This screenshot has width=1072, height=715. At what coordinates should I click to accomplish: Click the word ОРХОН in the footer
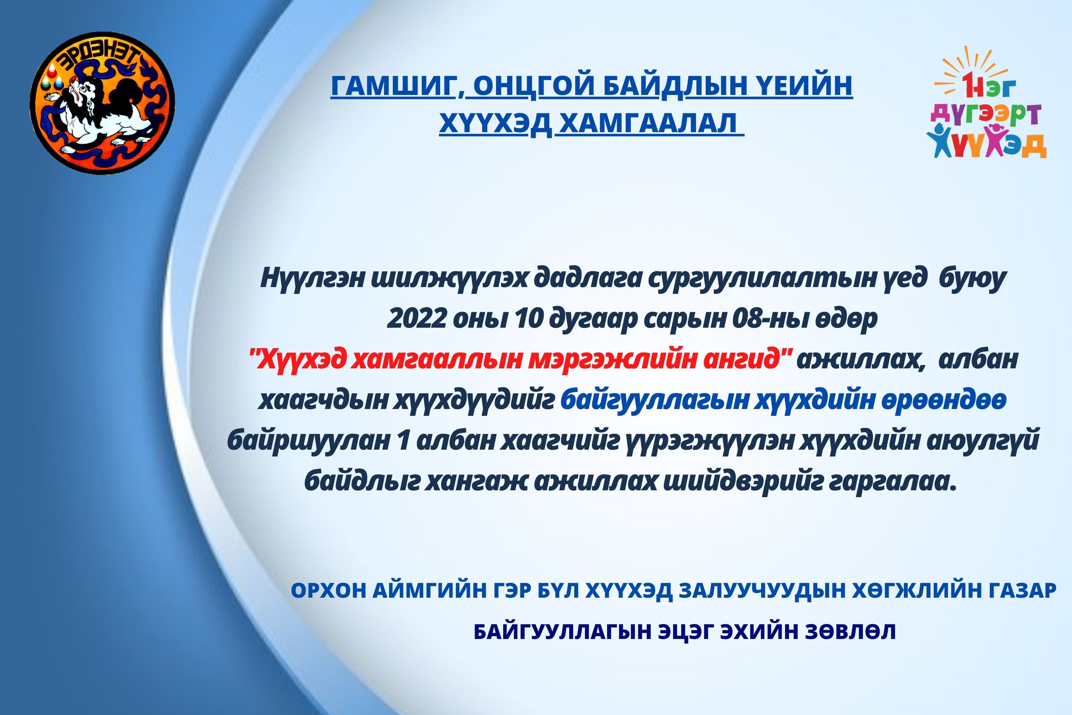point(328,591)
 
